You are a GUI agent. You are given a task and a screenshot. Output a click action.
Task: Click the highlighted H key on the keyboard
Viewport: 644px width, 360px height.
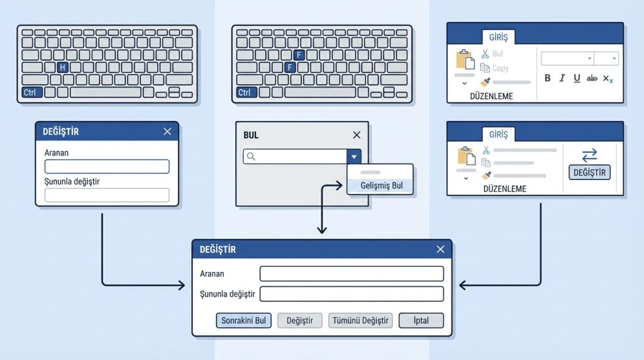[62, 67]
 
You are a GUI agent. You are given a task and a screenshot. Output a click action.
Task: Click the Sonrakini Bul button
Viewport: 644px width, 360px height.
[243, 320]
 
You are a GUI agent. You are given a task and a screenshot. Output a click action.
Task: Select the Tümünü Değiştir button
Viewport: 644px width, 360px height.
[360, 320]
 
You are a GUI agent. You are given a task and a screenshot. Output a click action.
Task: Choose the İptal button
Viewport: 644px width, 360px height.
[421, 320]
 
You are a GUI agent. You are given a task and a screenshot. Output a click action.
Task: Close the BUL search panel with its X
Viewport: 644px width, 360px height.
[357, 135]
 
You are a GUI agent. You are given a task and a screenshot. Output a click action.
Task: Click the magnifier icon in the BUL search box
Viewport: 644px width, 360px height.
[251, 157]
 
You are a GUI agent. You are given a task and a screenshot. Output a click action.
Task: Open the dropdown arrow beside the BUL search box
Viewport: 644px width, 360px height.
[353, 157]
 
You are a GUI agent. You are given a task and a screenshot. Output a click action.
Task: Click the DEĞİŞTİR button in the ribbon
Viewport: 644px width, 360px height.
[589, 172]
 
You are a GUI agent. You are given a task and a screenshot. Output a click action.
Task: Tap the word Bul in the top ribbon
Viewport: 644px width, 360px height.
[497, 54]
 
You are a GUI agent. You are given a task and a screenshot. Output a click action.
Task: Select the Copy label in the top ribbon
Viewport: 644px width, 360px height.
[501, 68]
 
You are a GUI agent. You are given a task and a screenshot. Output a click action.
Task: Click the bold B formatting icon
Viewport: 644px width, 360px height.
[547, 78]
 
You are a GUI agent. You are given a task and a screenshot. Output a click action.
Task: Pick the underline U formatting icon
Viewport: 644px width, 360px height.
[577, 78]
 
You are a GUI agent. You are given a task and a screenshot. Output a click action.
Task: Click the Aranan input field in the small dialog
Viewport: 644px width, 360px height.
[107, 166]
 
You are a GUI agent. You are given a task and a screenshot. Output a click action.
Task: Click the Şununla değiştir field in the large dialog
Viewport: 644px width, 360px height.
[352, 294]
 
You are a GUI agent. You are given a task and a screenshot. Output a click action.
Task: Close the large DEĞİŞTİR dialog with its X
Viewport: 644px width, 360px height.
[440, 249]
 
